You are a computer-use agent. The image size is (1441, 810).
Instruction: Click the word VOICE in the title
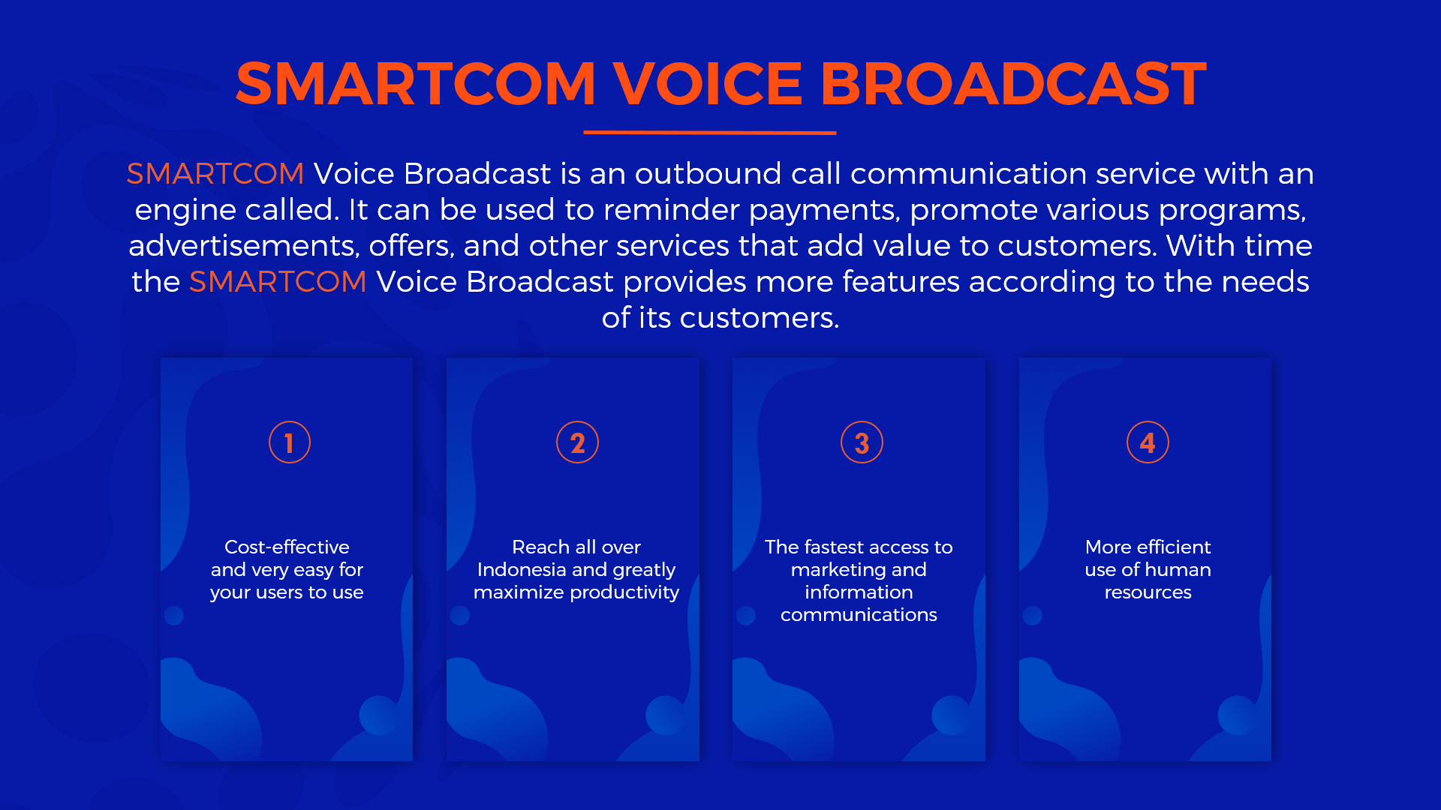click(708, 83)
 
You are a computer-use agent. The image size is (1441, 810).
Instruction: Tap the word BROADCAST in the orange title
click(1013, 83)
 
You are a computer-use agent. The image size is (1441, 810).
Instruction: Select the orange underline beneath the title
click(710, 133)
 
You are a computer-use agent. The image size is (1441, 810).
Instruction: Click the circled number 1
click(290, 442)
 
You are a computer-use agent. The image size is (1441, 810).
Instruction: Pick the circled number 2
click(577, 442)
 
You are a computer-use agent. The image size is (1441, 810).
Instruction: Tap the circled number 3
click(862, 442)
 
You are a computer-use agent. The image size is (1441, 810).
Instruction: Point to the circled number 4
click(1148, 442)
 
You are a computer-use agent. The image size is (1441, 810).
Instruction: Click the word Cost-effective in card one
click(287, 547)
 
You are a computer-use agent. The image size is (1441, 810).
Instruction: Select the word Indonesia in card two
click(522, 569)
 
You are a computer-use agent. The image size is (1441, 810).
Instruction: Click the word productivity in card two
click(624, 592)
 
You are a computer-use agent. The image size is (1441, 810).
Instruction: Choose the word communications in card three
click(859, 614)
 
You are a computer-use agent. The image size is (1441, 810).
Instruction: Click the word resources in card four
click(1148, 592)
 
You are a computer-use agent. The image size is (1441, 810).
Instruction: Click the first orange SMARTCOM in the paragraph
click(215, 174)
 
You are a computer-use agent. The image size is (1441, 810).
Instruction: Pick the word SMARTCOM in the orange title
click(416, 83)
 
